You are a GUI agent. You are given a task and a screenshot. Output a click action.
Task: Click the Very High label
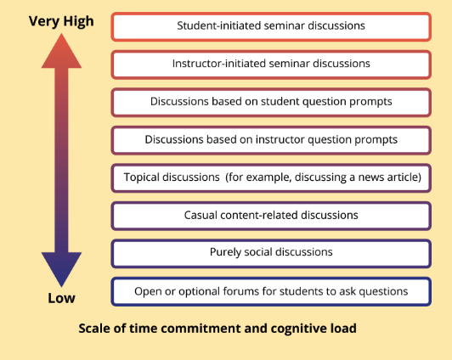(61, 21)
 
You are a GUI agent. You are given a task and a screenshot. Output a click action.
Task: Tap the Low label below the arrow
(61, 298)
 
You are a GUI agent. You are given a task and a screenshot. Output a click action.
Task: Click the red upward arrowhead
(61, 51)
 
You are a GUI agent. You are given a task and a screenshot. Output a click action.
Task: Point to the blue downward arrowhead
(61, 269)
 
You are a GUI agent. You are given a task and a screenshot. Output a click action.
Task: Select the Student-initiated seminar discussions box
(271, 26)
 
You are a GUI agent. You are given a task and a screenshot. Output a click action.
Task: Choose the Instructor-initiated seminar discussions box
(271, 65)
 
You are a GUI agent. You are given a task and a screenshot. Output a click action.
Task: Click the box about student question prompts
(271, 103)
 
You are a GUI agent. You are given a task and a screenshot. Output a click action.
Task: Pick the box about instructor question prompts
(271, 140)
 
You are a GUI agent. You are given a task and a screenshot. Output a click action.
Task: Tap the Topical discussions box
(271, 178)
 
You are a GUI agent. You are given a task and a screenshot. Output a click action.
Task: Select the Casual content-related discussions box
(271, 216)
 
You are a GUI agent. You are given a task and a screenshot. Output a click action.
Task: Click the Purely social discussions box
(271, 254)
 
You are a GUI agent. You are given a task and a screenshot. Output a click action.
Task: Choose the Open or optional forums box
(271, 291)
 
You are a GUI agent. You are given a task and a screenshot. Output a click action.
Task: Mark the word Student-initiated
(219, 25)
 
